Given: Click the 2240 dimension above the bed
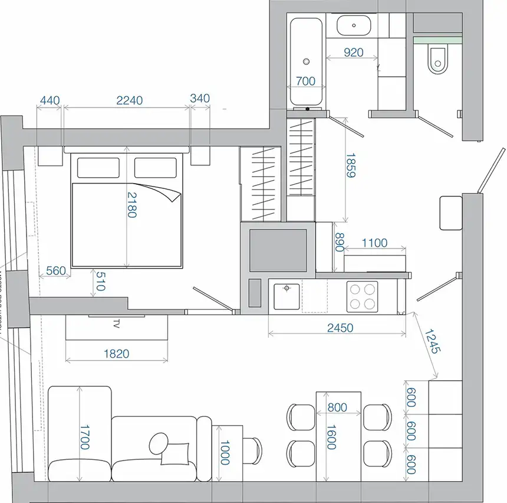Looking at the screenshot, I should tap(130, 100).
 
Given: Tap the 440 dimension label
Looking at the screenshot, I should tap(49, 100).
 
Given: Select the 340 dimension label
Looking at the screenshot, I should tap(200, 99).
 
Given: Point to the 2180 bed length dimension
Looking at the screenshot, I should tap(131, 205).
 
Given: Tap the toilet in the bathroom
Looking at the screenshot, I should tap(438, 60).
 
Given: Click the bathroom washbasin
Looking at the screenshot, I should tap(354, 26).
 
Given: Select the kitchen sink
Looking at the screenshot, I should tap(287, 296).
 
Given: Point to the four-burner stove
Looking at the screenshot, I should tap(363, 297).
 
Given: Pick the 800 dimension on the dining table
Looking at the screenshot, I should tap(337, 407).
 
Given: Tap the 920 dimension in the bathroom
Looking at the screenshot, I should tap(353, 53).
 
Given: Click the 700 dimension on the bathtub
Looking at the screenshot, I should tap(305, 81).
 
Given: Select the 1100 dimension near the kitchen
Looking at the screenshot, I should tap(374, 243).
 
